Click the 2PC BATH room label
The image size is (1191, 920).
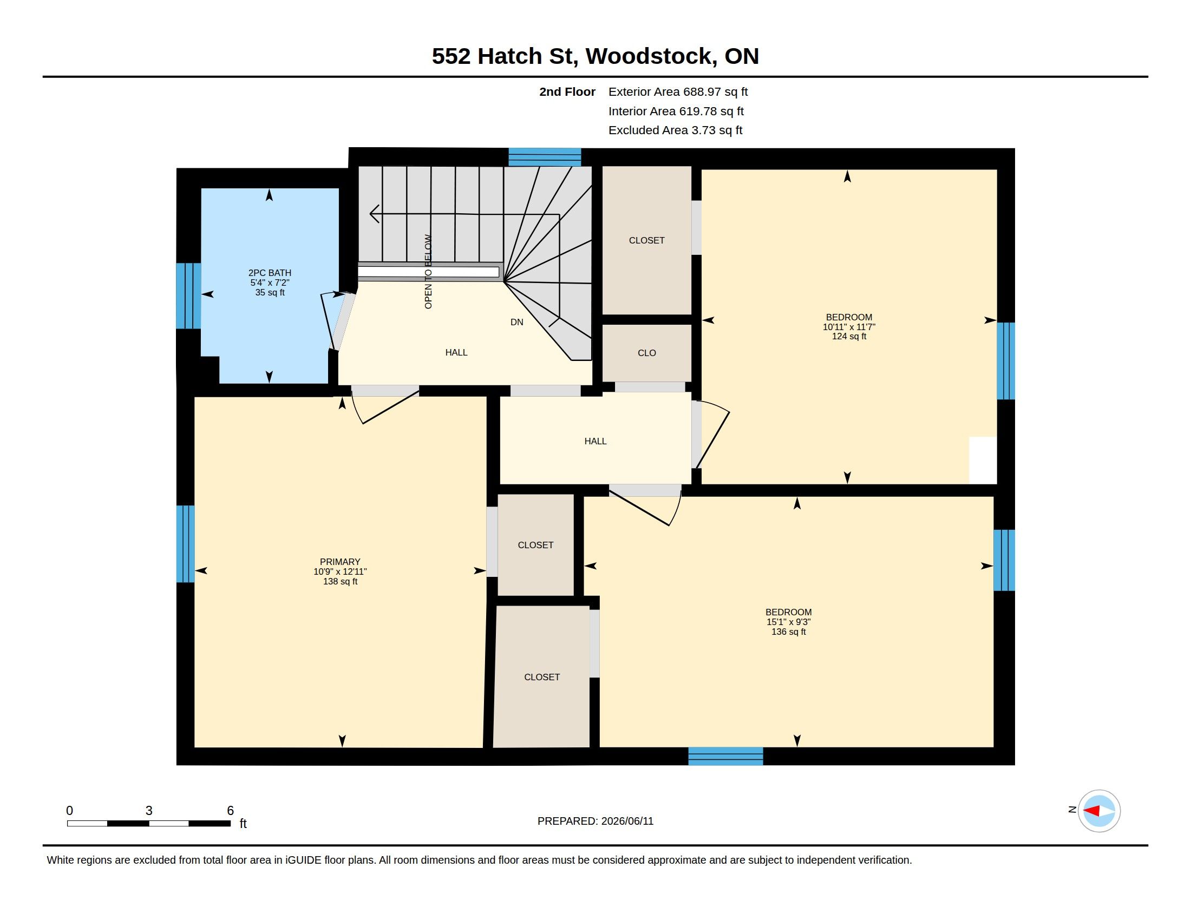coord(270,273)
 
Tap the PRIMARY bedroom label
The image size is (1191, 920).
coord(340,562)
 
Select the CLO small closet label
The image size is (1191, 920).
coord(647,353)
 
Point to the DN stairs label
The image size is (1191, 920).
coord(516,322)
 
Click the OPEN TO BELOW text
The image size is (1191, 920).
coord(428,272)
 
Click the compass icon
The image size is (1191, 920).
coord(1099,811)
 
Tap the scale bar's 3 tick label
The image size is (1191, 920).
coord(148,811)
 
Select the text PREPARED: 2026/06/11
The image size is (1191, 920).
coord(595,822)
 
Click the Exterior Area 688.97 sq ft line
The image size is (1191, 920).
coord(678,92)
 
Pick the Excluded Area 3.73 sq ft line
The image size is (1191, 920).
coord(675,130)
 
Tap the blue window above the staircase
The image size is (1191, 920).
coord(545,157)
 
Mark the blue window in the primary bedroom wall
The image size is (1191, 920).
coord(185,544)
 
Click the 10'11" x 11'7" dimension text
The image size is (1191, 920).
coord(849,327)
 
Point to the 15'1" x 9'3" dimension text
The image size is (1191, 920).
coord(789,622)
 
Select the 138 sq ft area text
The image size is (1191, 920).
coord(341,582)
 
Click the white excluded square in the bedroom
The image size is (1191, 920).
coord(983,460)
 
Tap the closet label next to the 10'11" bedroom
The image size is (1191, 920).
coord(647,240)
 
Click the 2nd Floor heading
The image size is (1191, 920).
coord(567,92)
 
